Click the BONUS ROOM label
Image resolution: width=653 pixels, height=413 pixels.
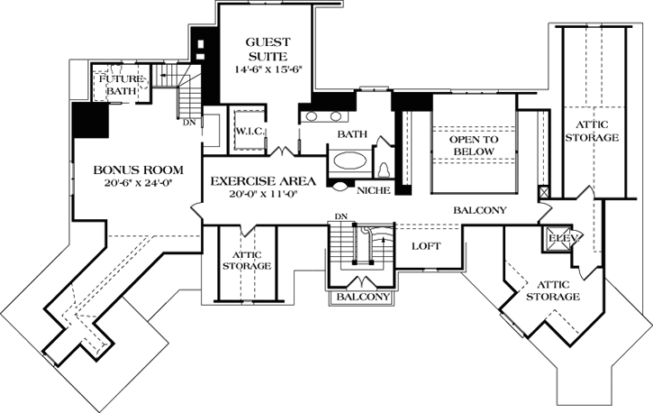coord(138,170)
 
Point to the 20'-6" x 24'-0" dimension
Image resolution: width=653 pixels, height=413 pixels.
coord(138,184)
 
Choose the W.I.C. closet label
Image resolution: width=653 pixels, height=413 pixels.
coord(249,132)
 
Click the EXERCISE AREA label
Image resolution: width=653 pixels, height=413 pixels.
coord(261,181)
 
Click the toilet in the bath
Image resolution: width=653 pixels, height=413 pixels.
coord(383,169)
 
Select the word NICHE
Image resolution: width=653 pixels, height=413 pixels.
coord(373,190)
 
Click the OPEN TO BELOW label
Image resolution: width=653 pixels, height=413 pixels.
coord(473,146)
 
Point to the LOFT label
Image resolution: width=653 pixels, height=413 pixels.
coord(425,244)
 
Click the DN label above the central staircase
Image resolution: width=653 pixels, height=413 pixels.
coord(340,216)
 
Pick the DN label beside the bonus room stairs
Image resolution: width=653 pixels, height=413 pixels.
coord(189,124)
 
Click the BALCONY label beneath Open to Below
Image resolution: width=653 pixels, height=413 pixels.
coord(480,211)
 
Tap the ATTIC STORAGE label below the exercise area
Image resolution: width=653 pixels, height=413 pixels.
coord(246,262)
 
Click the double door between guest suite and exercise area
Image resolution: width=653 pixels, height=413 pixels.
coord(286,150)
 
